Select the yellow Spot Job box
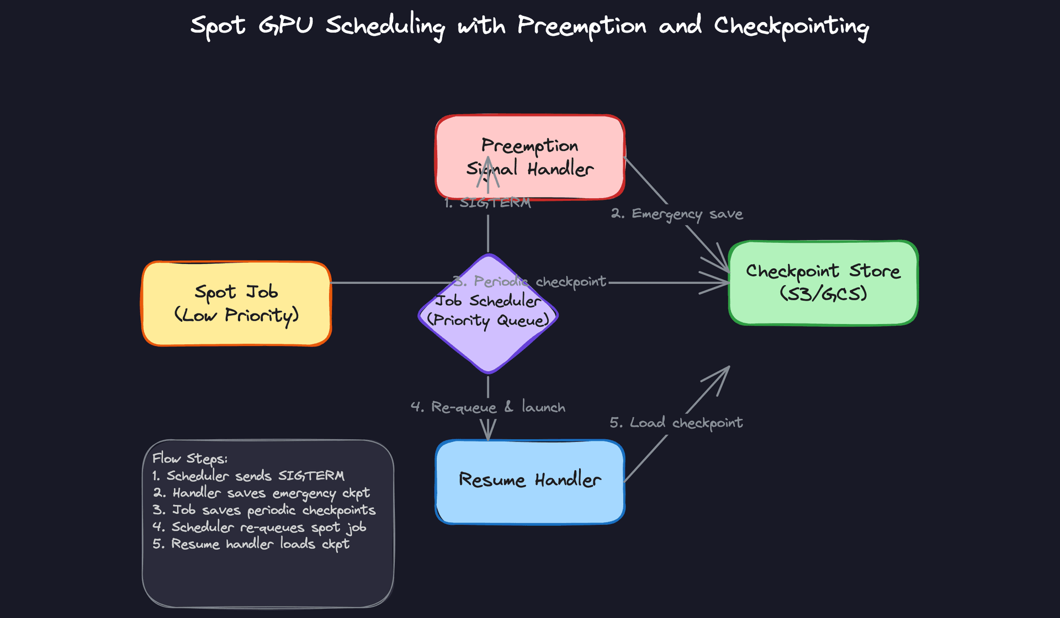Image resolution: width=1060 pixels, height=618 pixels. coord(236,303)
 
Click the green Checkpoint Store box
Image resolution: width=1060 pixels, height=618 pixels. coord(823,283)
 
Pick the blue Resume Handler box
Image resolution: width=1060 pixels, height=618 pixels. coord(530,481)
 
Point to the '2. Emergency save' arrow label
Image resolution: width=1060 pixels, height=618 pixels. coord(677,214)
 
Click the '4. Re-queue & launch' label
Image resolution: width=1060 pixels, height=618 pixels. coord(488,407)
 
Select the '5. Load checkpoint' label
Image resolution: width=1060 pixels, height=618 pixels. coord(676,423)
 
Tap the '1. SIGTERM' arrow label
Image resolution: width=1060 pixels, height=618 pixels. coord(488,203)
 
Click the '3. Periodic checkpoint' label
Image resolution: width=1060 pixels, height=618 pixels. coord(530,282)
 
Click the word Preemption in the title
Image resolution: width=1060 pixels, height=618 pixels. coord(581,26)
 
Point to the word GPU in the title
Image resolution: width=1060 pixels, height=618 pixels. coord(285,25)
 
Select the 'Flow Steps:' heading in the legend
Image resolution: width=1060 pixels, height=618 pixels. coord(190,459)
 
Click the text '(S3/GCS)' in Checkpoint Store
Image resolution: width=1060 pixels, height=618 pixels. coord(823,294)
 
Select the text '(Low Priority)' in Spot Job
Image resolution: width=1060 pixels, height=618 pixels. coord(236,316)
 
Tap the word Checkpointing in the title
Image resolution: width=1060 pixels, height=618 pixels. coord(791,26)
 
